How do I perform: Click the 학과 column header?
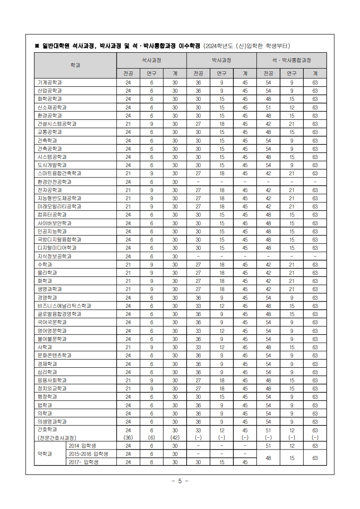click(x=75, y=65)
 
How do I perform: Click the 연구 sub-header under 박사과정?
click(x=222, y=73)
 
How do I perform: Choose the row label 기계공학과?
click(x=50, y=83)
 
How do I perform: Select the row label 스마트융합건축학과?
click(x=59, y=173)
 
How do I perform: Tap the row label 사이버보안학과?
click(x=54, y=223)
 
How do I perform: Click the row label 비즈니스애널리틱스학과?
click(x=64, y=306)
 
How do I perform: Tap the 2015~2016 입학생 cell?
click(x=88, y=454)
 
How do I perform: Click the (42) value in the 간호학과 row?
click(x=175, y=437)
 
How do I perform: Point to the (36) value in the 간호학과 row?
click(x=128, y=437)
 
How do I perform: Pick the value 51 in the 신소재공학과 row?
click(x=268, y=107)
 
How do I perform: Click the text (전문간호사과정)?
click(x=57, y=437)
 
